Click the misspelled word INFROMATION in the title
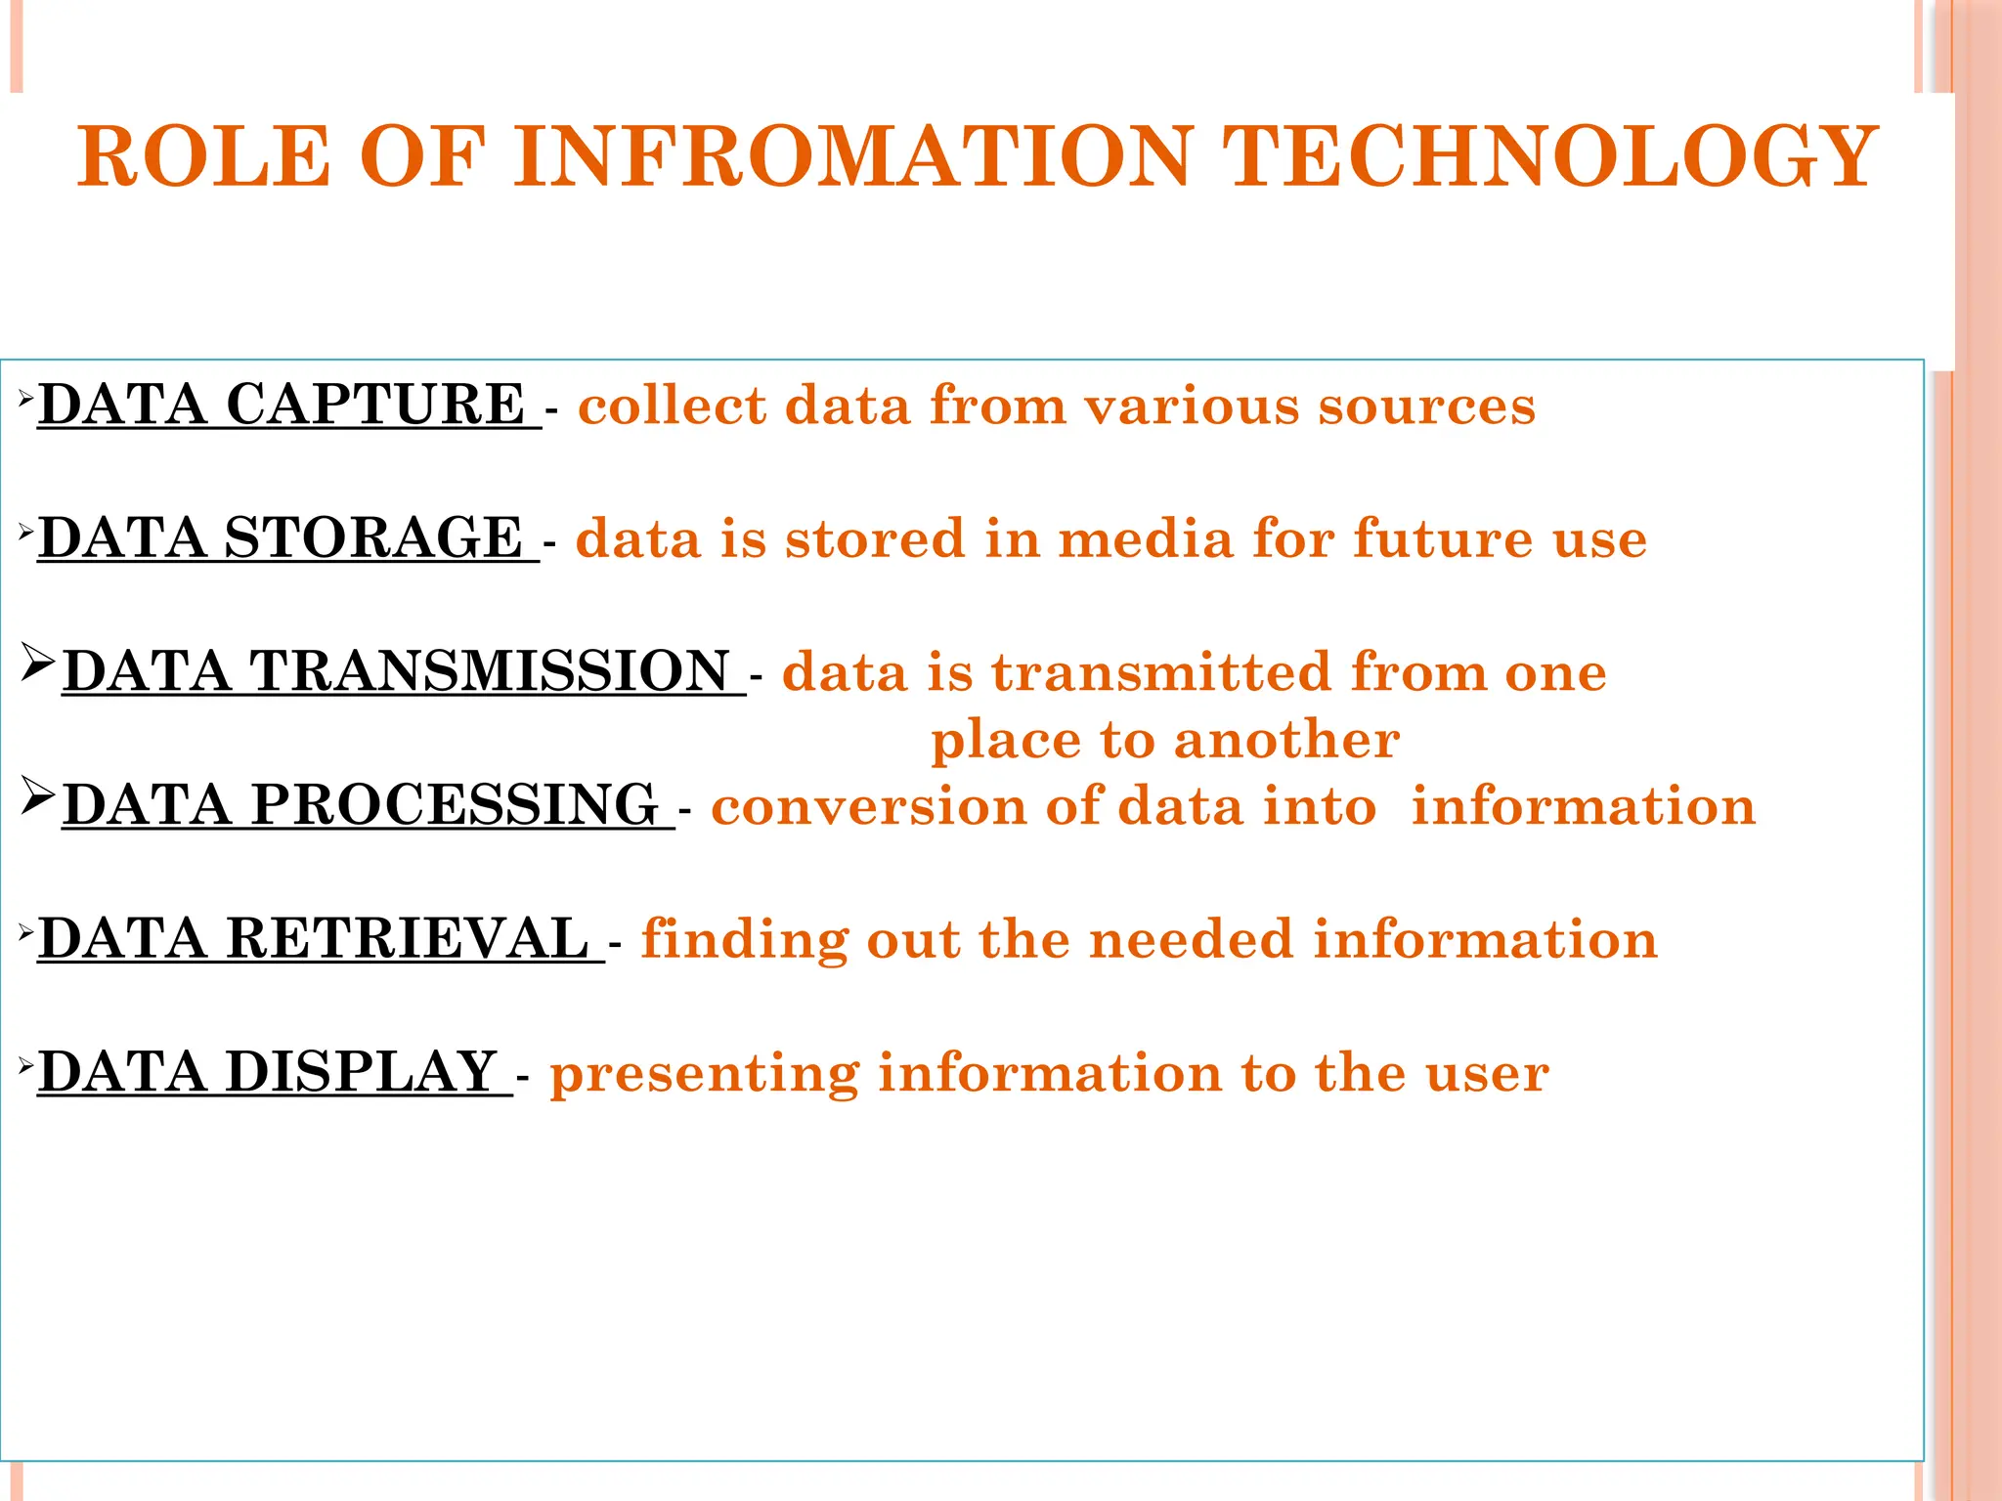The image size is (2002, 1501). [x=853, y=156]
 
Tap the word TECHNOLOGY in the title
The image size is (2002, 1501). [x=1548, y=156]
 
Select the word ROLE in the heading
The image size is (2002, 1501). [x=204, y=156]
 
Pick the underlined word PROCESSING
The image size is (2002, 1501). [x=454, y=805]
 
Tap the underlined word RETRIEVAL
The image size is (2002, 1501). [x=408, y=939]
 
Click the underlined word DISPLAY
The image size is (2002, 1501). [x=362, y=1072]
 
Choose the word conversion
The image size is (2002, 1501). [x=868, y=807]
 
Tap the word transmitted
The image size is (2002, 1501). [x=1161, y=673]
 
